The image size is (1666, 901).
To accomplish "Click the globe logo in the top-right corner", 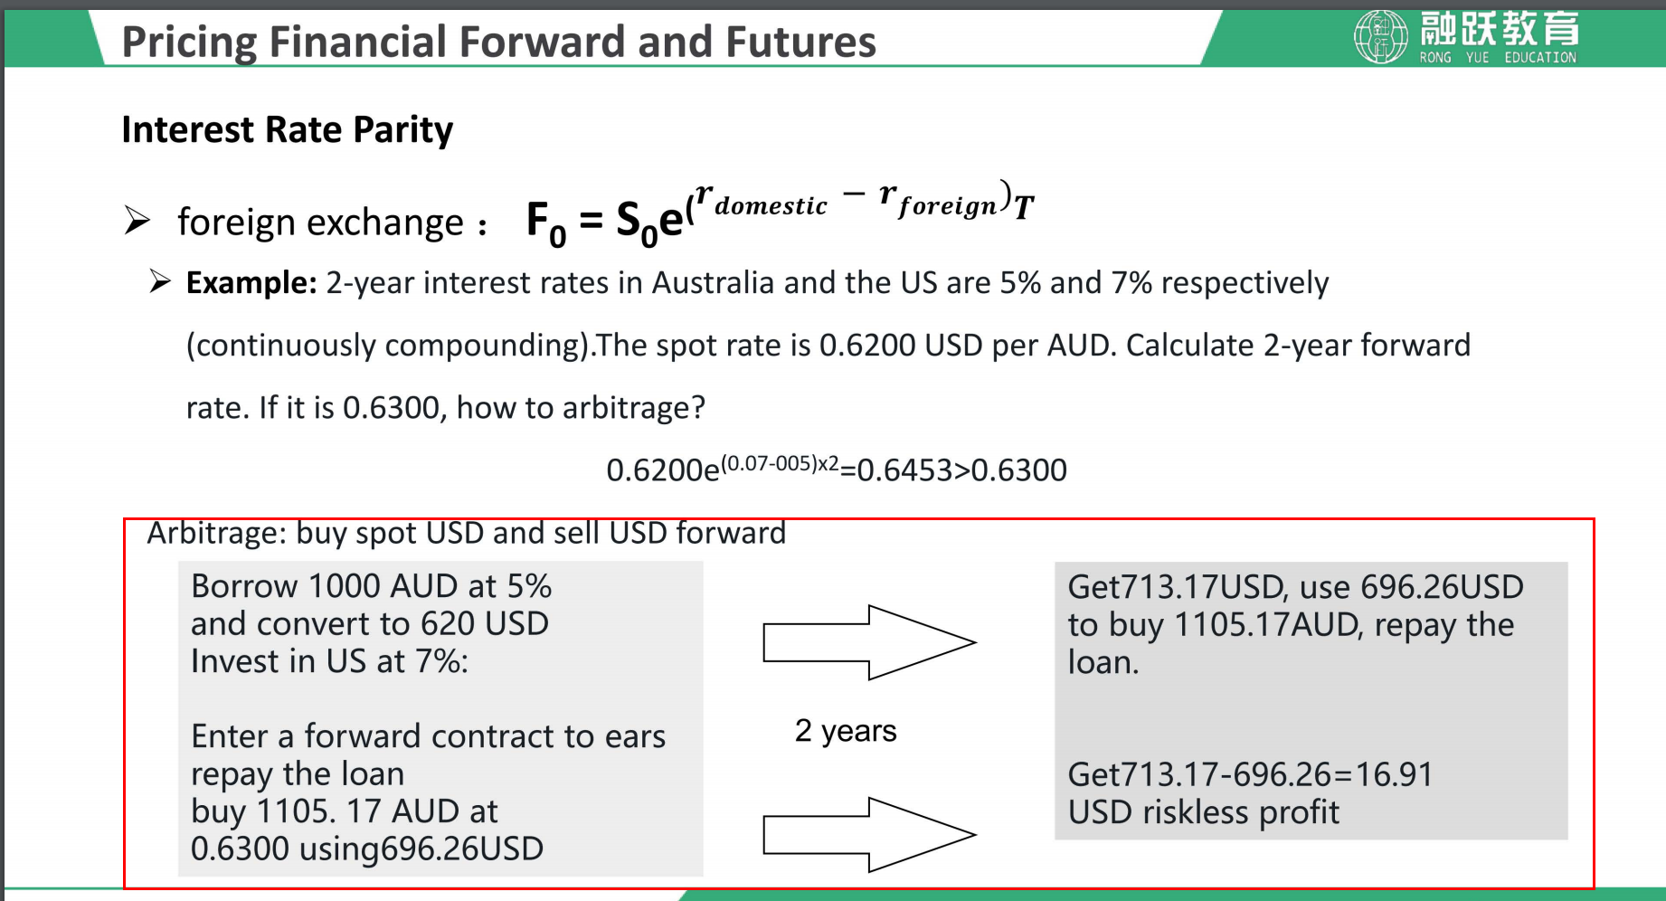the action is (1380, 36).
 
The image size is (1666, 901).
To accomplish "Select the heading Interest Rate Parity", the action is (288, 130).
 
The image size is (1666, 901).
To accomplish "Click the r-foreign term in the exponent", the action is (938, 201).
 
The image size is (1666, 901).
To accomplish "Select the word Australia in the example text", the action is (713, 283).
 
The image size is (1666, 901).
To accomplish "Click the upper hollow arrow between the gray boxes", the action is (869, 642).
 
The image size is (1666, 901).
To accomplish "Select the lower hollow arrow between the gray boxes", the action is (869, 835).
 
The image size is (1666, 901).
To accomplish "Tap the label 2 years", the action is (846, 731).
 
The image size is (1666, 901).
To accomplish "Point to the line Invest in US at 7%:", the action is (330, 662).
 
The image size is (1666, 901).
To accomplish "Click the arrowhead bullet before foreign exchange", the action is (137, 221).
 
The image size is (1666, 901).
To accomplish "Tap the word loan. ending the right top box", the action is (1103, 663).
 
